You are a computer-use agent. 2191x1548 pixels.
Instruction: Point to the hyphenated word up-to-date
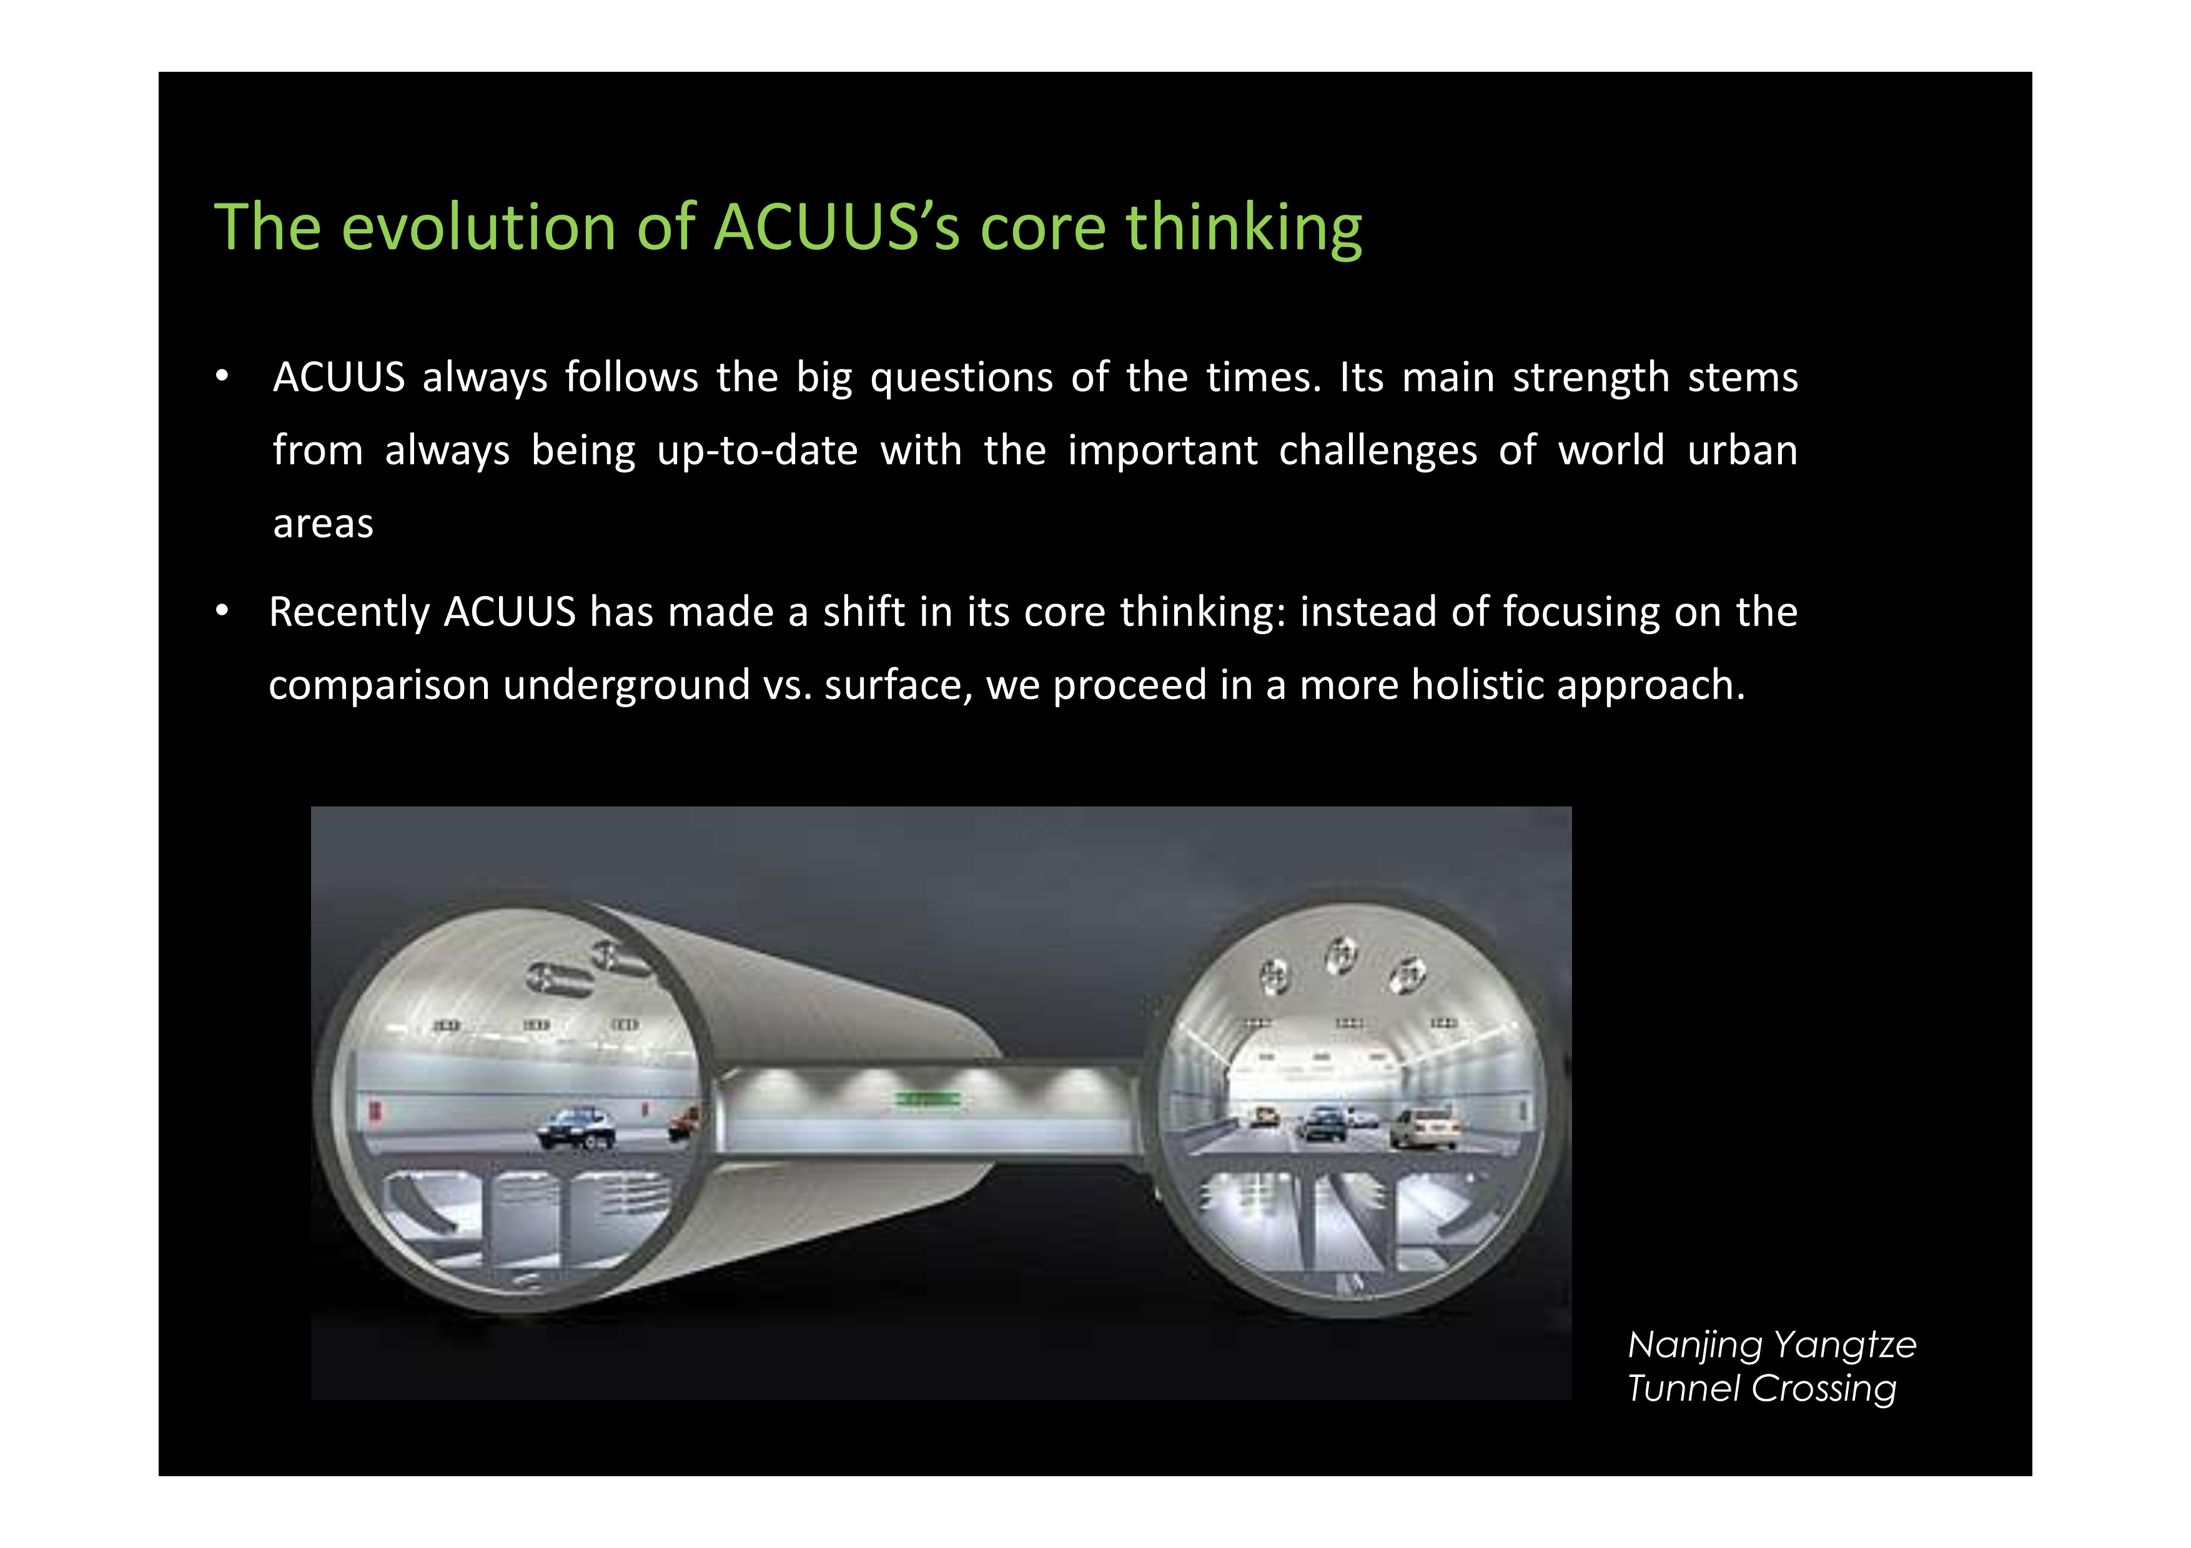point(758,451)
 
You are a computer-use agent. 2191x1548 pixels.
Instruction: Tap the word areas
point(324,524)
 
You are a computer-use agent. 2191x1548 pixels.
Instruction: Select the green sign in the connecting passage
point(926,1100)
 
